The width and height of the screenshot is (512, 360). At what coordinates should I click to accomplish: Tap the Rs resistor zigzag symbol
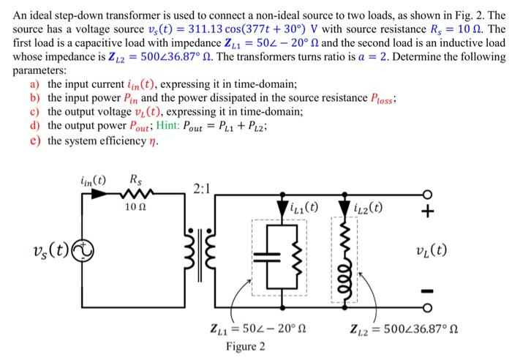[x=136, y=195]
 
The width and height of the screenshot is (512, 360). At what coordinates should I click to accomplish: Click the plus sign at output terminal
[x=429, y=212]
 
